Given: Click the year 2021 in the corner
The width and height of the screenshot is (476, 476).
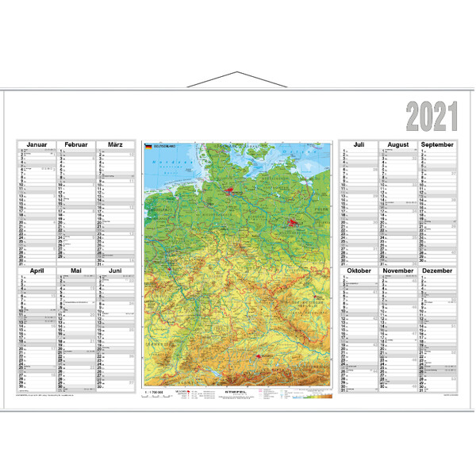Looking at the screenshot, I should pos(433,117).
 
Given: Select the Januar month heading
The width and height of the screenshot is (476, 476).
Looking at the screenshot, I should pos(36,144).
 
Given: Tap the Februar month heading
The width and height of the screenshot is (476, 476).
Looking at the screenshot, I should pos(76,144).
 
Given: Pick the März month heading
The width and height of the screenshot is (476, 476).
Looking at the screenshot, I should pos(115,144).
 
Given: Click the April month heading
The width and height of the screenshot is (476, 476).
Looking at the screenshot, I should pos(36,271).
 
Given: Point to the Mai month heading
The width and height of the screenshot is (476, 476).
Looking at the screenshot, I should pos(76,271).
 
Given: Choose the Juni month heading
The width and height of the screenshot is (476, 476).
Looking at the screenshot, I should pos(115,271).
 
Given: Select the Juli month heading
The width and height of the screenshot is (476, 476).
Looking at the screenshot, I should pos(359,145).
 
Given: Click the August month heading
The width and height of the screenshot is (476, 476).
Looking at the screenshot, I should pos(398,145).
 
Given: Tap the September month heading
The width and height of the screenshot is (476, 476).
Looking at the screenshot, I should pos(437,145).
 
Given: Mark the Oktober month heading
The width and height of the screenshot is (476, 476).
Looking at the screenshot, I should pos(359,271).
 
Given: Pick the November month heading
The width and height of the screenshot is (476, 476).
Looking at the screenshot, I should pos(398,271).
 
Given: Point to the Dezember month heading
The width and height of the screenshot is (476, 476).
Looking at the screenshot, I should pos(437,271).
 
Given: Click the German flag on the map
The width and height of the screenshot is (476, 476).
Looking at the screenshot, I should pos(148,147).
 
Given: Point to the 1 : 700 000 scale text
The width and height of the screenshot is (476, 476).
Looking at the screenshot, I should pos(152,391).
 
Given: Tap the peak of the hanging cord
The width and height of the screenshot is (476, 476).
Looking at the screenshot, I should pos(237,73).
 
